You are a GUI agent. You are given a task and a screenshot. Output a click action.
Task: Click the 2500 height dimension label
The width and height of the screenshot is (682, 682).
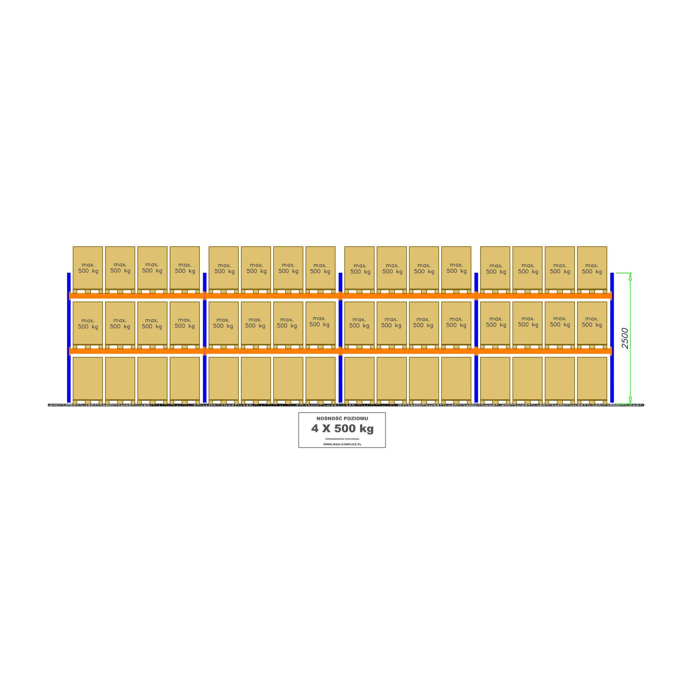point(625,338)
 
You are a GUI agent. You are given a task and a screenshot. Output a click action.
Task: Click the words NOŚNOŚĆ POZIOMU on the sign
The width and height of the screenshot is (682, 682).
point(342,418)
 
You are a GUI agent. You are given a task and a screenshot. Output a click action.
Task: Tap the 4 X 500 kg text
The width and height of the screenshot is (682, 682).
point(342,429)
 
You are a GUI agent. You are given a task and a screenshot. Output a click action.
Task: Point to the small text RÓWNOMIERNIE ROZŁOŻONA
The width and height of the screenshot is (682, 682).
point(342,438)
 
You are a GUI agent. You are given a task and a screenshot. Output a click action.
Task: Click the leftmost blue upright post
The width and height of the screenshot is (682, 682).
point(69,337)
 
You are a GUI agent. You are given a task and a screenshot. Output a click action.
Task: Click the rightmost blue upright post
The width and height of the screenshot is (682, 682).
point(612,337)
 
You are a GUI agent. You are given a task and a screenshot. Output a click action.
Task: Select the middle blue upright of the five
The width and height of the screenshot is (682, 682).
point(340,337)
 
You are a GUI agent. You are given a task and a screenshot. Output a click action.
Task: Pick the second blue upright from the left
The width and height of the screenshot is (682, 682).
point(205,337)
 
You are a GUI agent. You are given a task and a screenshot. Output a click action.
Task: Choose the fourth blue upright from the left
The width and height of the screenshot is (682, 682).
point(476,337)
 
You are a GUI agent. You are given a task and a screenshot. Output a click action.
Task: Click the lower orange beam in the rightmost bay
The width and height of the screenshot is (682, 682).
point(544,351)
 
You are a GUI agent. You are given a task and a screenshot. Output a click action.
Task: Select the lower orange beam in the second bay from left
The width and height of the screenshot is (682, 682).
point(272,351)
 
